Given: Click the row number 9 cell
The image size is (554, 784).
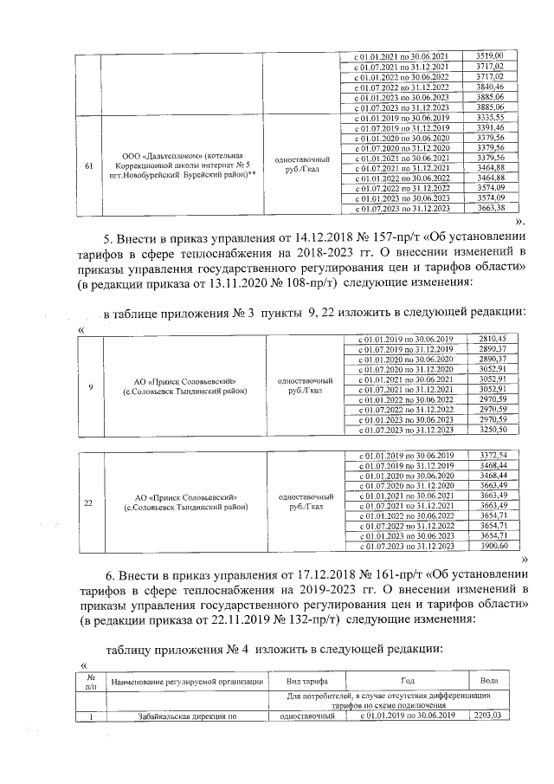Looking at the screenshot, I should point(90,387).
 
